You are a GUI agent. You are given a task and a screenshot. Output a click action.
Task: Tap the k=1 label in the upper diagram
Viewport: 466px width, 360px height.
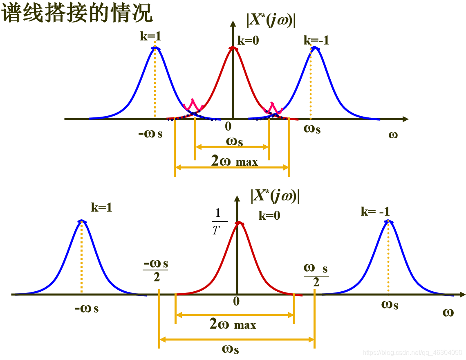tap(150, 36)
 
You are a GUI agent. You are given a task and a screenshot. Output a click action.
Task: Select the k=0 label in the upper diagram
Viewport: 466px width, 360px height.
tap(249, 40)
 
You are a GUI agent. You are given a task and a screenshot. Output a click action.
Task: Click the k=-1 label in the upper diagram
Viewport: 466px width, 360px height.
tap(316, 40)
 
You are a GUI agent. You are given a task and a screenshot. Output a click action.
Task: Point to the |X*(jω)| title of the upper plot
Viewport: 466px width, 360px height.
tap(271, 20)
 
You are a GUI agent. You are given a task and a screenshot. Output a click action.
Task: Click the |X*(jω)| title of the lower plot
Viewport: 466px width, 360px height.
tap(275, 196)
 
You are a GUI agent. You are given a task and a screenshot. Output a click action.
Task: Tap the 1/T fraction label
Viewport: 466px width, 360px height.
tap(217, 221)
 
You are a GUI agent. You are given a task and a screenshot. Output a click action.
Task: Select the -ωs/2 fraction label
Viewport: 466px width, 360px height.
tap(156, 270)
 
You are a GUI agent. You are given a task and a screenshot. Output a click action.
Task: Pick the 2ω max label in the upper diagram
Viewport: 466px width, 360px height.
tap(234, 161)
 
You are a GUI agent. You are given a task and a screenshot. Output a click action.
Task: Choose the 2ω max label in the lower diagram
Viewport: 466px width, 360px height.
tap(233, 324)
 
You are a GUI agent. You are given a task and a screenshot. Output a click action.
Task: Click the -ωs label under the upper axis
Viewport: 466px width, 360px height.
tap(150, 133)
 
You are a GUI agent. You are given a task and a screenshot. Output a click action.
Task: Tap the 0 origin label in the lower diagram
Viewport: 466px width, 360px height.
tap(236, 301)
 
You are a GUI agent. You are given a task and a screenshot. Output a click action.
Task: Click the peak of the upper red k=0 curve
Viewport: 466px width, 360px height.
tap(233, 48)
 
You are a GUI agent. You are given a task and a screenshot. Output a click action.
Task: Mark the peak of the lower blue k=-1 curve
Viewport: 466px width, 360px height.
tap(388, 221)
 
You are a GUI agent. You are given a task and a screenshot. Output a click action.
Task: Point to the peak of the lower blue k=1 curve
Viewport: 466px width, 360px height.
tap(82, 221)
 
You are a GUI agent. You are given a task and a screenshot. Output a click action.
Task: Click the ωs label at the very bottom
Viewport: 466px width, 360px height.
tap(231, 349)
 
